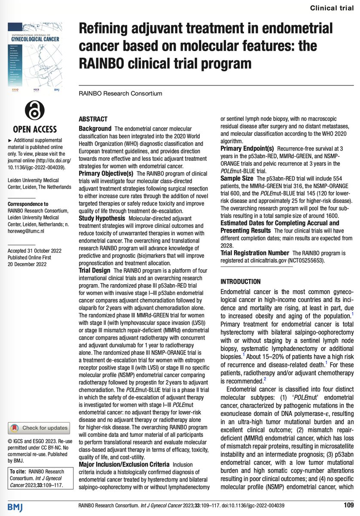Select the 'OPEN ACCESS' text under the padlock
[35, 129]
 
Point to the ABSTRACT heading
[93, 119]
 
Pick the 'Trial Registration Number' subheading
[255, 253]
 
